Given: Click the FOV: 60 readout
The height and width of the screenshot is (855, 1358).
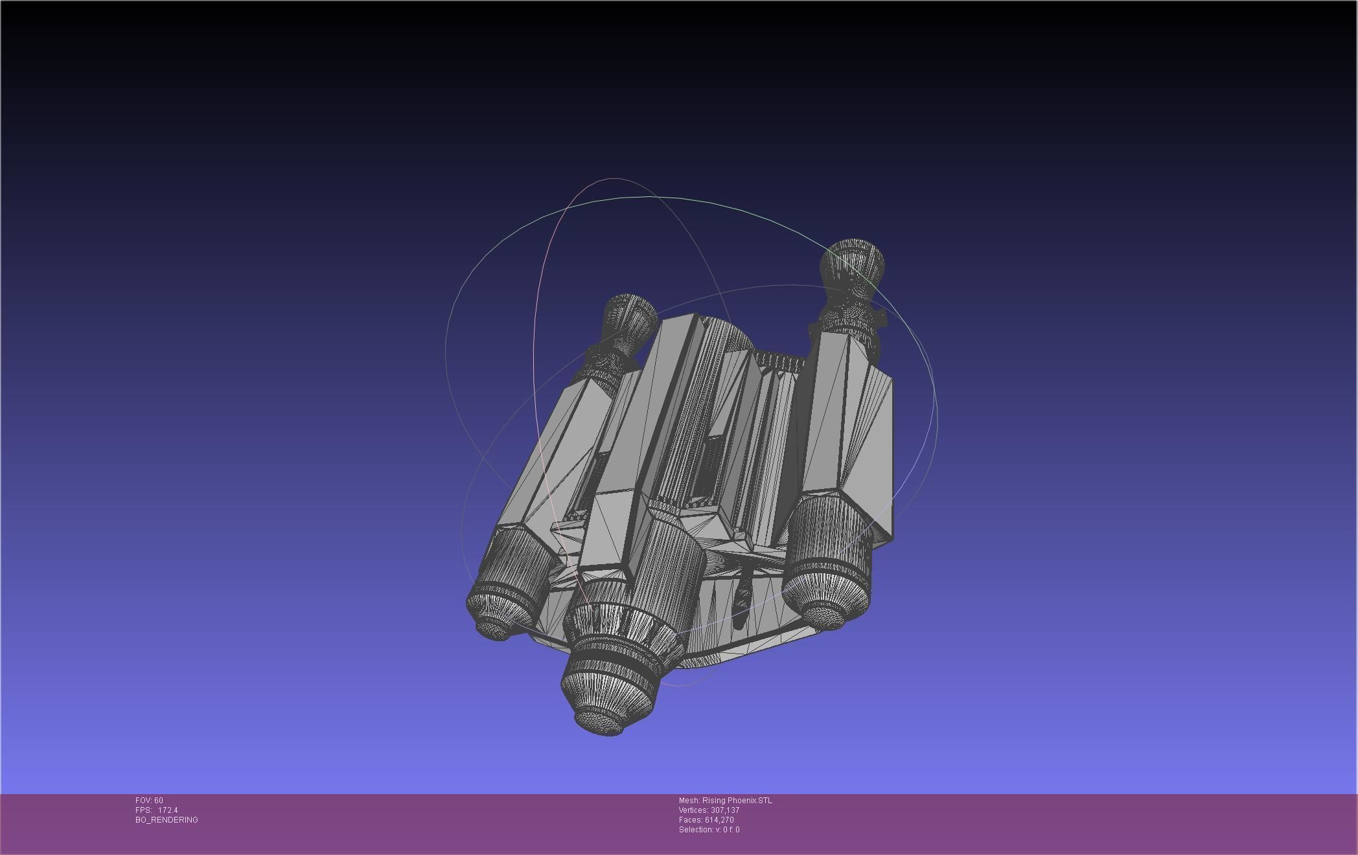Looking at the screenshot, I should (x=149, y=801).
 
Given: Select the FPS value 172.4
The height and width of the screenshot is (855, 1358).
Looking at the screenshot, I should (x=167, y=810).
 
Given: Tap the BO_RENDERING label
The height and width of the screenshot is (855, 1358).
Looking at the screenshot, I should (x=167, y=820).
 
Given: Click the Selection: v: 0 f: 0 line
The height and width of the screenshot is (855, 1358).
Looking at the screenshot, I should (x=709, y=830).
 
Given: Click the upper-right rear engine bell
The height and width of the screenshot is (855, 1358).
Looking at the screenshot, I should (x=851, y=263).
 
